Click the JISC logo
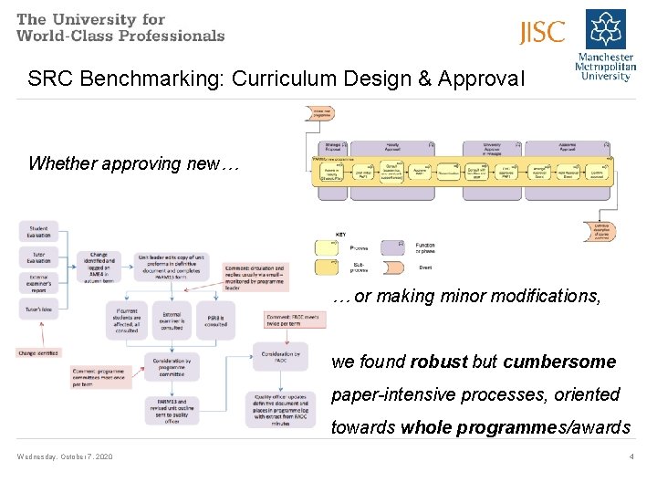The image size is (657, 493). pyautogui.click(x=542, y=33)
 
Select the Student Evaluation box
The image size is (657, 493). pyautogui.click(x=38, y=232)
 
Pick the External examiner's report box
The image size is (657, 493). pyautogui.click(x=38, y=284)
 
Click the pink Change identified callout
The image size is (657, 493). pyautogui.click(x=37, y=352)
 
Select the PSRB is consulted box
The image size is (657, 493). pyautogui.click(x=215, y=320)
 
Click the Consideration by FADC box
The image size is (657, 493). pyautogui.click(x=278, y=357)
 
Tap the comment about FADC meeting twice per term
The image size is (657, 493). pyautogui.click(x=292, y=320)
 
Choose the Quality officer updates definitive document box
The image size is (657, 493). pyautogui.click(x=279, y=410)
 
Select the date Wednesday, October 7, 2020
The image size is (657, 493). pyautogui.click(x=65, y=456)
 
